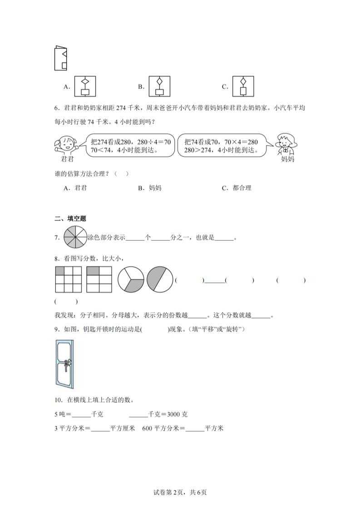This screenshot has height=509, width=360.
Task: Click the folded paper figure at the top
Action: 60,58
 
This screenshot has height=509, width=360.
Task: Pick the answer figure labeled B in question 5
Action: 159,86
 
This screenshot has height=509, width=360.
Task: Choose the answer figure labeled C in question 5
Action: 243,86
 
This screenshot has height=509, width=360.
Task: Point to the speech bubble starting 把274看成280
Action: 130,145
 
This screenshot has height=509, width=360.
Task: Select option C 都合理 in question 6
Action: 237,188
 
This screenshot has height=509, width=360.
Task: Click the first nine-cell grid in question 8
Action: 68,279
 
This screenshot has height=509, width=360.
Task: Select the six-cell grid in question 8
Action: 99,279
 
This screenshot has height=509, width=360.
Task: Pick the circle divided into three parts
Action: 131,279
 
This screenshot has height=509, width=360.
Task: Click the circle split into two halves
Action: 160,279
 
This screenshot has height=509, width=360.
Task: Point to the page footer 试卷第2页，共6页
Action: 180,492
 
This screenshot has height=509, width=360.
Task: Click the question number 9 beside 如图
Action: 56,329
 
